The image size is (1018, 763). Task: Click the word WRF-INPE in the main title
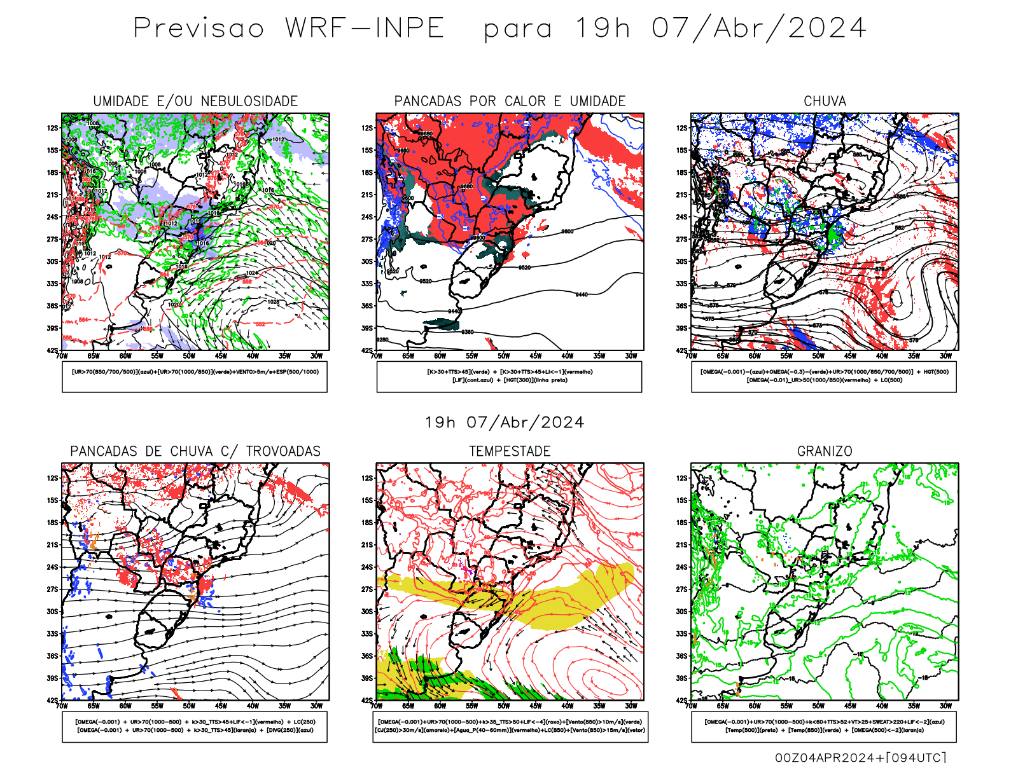[x=364, y=28]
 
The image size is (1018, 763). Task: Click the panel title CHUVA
[x=825, y=101]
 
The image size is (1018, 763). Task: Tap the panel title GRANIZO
[x=825, y=451]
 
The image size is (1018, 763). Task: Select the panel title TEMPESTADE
[x=510, y=451]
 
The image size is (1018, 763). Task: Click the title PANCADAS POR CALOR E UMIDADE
[x=510, y=101]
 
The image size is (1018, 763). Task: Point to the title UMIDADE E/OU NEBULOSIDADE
[x=195, y=101]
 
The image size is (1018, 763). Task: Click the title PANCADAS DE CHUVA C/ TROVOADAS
[x=195, y=451]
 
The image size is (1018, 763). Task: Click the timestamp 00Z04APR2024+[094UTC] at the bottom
[x=860, y=757]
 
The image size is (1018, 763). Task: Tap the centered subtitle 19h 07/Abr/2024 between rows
[x=505, y=422]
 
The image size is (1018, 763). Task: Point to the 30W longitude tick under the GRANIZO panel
[x=945, y=706]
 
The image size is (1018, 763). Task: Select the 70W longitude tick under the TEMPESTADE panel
[x=377, y=706]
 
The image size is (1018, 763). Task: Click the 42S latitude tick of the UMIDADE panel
[x=52, y=350]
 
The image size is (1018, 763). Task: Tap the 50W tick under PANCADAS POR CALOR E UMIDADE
[x=503, y=356]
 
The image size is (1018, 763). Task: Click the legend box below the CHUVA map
[x=824, y=376]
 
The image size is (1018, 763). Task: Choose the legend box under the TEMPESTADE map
[x=510, y=726]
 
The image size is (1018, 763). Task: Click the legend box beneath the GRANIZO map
[x=824, y=726]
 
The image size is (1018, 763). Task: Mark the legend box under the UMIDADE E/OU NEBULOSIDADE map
[x=195, y=376]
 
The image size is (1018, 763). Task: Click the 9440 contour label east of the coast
[x=582, y=294]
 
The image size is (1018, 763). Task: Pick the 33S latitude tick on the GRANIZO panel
[x=681, y=633]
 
